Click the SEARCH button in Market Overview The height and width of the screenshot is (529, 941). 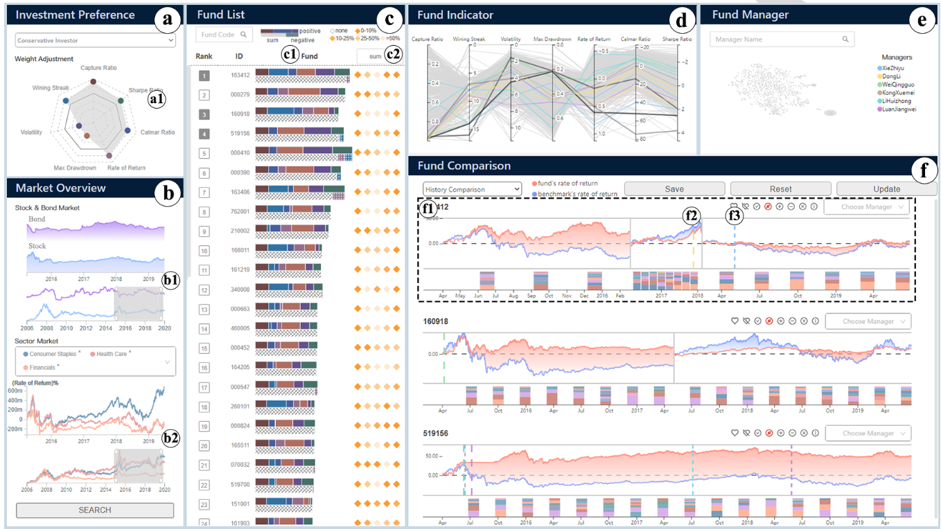(95, 510)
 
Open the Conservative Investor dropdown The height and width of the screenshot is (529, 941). (95, 41)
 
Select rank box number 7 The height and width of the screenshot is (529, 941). (204, 192)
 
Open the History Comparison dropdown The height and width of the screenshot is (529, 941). (472, 189)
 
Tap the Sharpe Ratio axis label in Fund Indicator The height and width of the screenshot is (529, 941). (677, 39)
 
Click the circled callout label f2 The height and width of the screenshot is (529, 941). (691, 215)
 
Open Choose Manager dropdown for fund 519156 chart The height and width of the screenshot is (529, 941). (867, 433)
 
